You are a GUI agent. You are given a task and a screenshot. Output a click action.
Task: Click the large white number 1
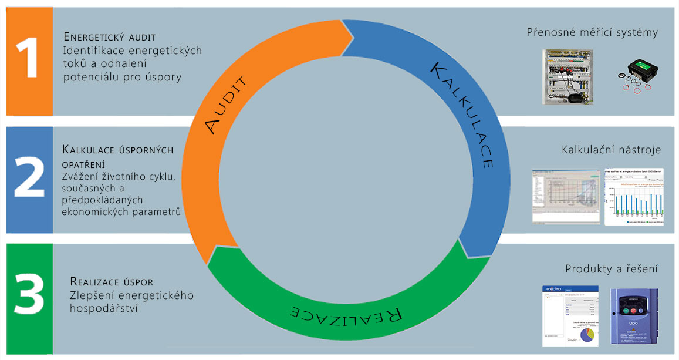point(27,60)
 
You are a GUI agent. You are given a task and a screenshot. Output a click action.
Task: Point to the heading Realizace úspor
point(112,281)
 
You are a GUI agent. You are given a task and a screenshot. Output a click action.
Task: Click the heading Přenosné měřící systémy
point(592,32)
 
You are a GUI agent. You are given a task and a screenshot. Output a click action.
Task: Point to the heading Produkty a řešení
point(611,269)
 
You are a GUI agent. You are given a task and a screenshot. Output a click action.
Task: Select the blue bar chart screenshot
point(634,197)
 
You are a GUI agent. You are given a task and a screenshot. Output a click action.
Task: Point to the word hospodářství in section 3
point(104,307)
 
